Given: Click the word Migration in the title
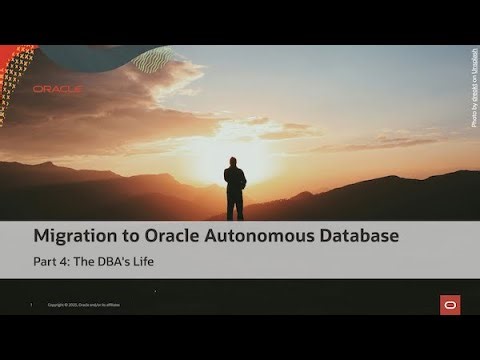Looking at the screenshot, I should [77, 237].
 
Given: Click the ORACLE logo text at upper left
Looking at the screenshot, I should [57, 89].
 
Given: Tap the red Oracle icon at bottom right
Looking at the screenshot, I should [449, 304].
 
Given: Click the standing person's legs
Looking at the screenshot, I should [235, 205].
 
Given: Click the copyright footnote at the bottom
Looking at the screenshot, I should [84, 304].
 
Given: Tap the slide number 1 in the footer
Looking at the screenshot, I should [32, 304].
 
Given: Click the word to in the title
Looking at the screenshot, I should [131, 237].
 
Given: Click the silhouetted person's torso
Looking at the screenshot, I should [235, 180].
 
